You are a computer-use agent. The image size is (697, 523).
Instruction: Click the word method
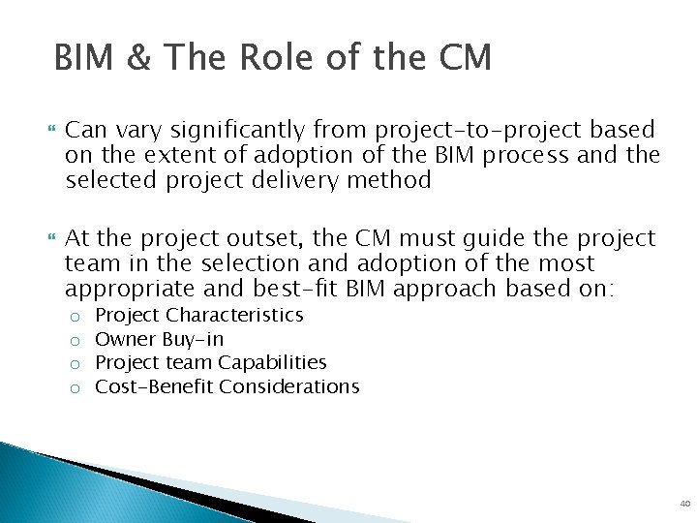pyautogui.click(x=393, y=180)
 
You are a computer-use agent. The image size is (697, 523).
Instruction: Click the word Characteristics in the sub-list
pyautogui.click(x=235, y=316)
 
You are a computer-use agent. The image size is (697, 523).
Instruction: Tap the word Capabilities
pyautogui.click(x=272, y=363)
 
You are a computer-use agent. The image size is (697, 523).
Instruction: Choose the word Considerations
pyautogui.click(x=289, y=387)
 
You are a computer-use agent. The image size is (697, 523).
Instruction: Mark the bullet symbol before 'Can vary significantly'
pyautogui.click(x=51, y=129)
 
